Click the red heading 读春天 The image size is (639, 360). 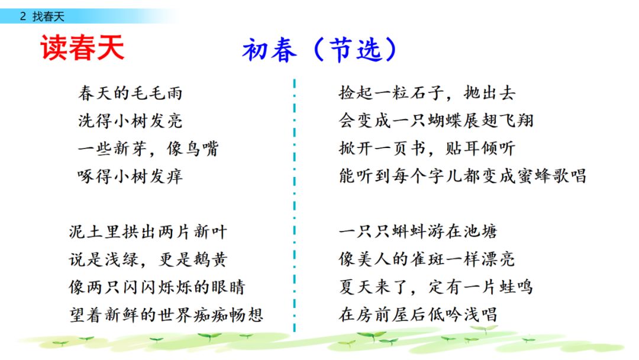[x=82, y=48]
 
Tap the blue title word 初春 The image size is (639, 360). [x=269, y=50]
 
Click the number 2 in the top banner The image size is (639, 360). [x=23, y=17]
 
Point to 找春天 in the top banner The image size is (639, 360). [x=49, y=17]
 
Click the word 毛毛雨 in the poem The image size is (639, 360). [x=156, y=94]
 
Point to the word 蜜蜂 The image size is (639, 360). [x=534, y=176]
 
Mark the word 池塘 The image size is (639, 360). [x=480, y=232]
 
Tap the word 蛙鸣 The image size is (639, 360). [x=515, y=287]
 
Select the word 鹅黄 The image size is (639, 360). [x=210, y=259]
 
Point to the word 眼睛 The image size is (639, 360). [x=228, y=287]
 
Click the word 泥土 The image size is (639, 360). [x=86, y=232]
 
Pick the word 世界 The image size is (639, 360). [x=175, y=315]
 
